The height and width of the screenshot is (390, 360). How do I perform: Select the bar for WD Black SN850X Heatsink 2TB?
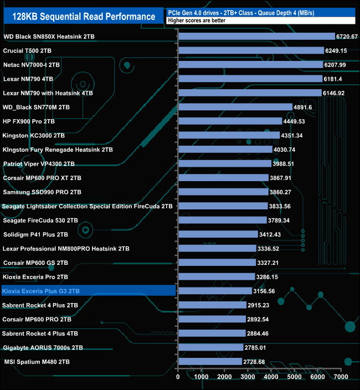[x=256, y=37]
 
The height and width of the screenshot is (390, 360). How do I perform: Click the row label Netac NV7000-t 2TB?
[x=32, y=65]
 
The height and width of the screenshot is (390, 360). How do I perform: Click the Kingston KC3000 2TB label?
[x=34, y=135]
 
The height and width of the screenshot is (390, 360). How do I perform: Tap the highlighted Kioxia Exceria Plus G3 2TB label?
[x=41, y=291]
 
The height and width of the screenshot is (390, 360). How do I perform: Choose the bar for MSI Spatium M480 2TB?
[x=210, y=362]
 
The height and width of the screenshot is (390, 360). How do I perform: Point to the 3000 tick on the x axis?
[x=248, y=377]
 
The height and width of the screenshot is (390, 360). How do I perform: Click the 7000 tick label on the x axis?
[x=341, y=377]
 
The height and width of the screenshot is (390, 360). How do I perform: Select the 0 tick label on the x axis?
[x=178, y=377]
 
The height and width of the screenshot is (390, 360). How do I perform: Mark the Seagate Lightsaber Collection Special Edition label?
[x=88, y=206]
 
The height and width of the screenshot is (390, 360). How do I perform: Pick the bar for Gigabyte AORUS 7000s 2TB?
[x=210, y=347]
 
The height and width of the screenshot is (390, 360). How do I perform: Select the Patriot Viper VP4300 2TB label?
[x=39, y=164]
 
